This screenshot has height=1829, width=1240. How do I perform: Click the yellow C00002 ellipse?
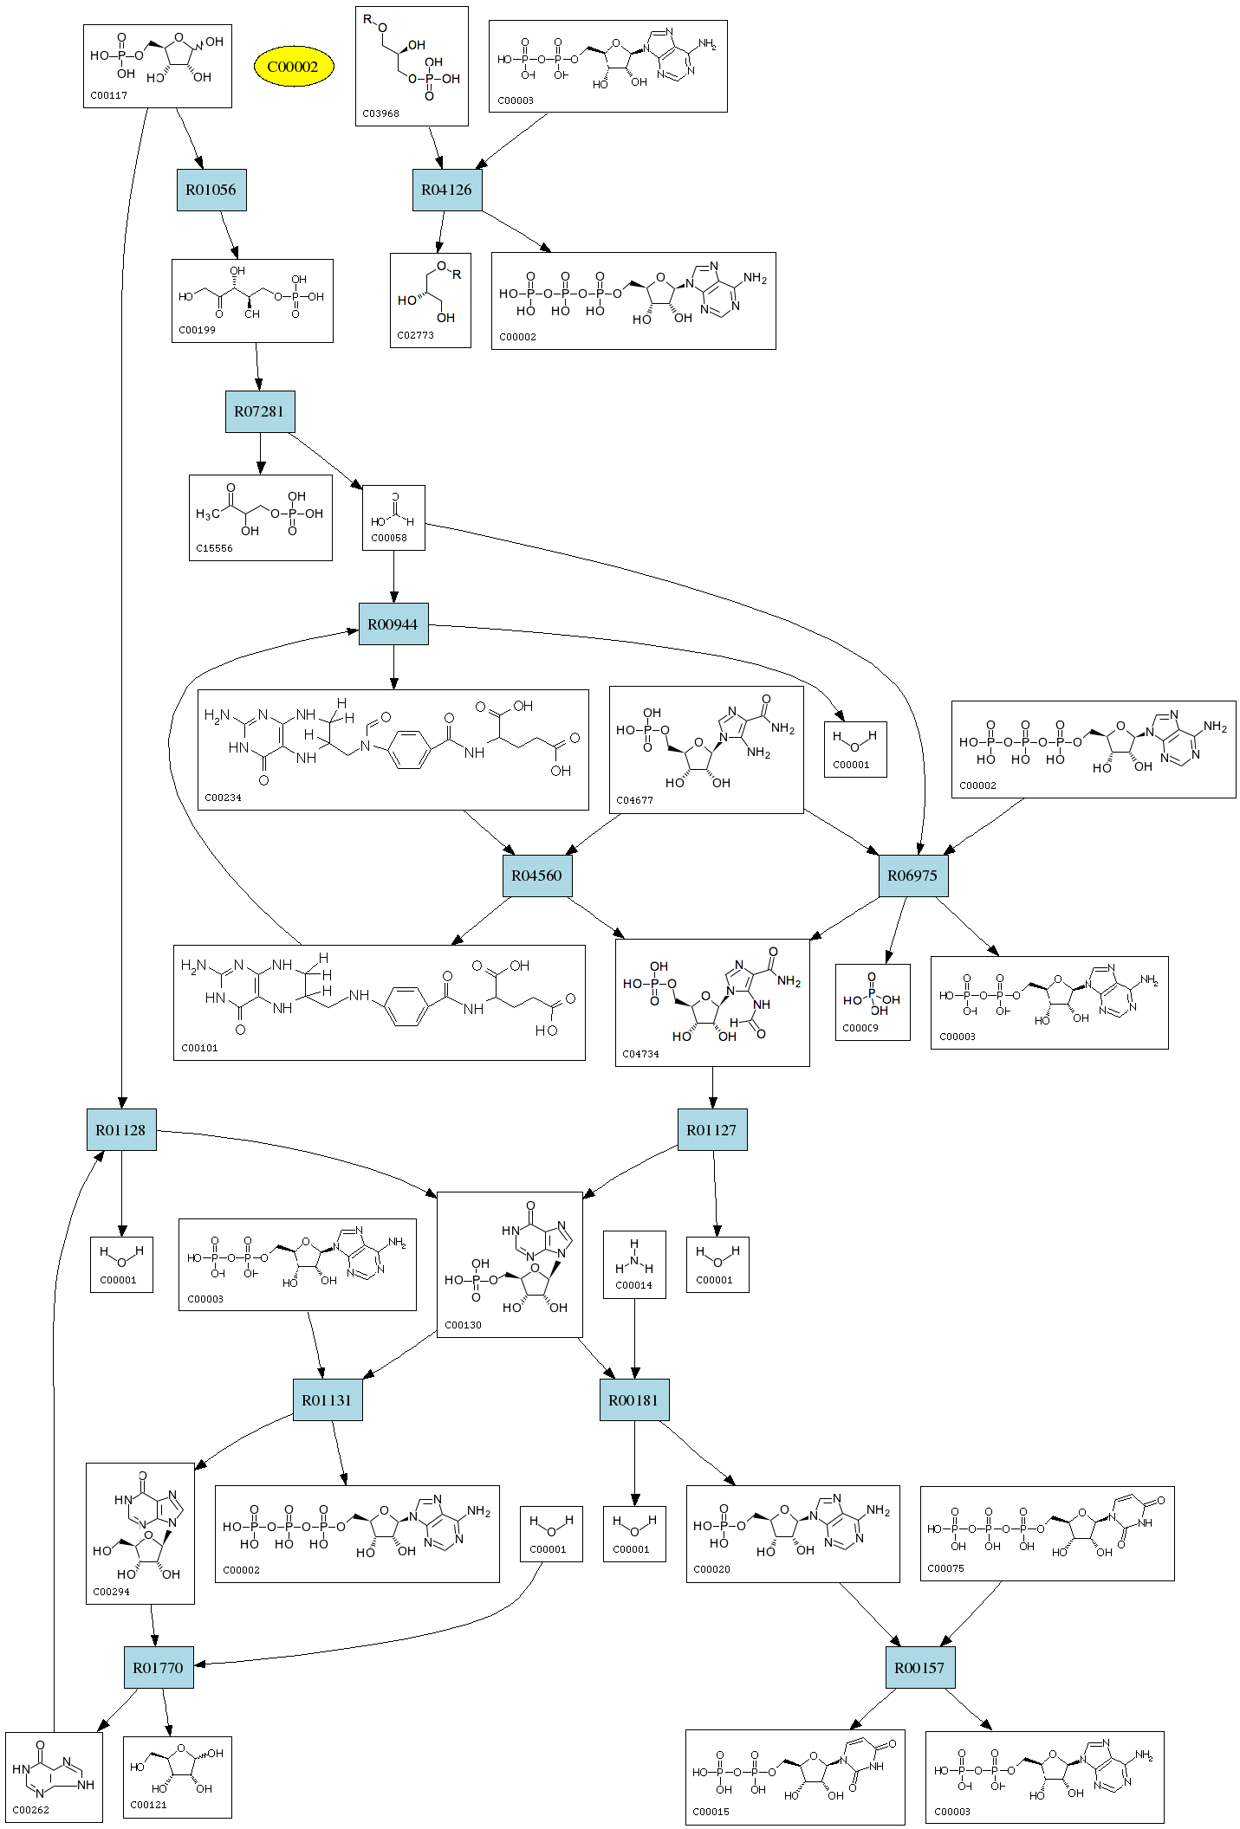pos(293,67)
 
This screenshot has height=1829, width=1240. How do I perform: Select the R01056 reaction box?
pos(211,190)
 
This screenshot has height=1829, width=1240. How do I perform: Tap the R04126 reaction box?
pos(447,190)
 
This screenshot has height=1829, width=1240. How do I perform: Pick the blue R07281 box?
pos(260,411)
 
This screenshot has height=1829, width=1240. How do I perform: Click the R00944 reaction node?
pos(393,624)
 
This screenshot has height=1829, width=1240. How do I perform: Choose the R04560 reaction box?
pos(537,876)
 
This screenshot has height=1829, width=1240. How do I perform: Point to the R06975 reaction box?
pos(913,876)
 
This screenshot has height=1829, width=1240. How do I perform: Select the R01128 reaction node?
pos(121,1130)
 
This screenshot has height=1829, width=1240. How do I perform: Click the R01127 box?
pos(712,1130)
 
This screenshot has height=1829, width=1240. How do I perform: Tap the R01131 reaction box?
pos(328,1400)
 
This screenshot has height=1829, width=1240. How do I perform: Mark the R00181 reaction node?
pos(634,1400)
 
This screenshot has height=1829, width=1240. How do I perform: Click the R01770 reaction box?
pos(159,1668)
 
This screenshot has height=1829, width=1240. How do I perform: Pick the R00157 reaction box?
pos(920,1668)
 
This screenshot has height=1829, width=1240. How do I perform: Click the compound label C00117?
pos(109,96)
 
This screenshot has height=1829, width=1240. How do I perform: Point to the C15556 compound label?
pos(214,548)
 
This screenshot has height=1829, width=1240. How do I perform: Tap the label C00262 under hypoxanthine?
pos(31,1810)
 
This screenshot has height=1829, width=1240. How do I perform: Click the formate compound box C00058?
pos(393,518)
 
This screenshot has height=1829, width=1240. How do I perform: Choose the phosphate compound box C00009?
pos(873,1002)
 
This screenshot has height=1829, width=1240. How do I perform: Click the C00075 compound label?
pos(945,1568)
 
